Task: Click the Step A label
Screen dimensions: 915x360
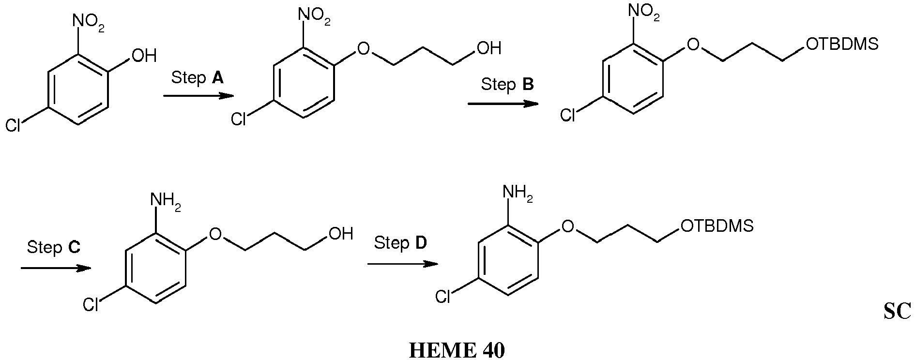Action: point(198,77)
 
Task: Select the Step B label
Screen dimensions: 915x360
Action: point(507,85)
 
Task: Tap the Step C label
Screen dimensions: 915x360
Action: point(54,247)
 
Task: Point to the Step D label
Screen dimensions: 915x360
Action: point(400,242)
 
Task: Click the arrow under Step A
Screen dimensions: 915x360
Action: point(199,96)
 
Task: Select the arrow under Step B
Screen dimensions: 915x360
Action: point(503,104)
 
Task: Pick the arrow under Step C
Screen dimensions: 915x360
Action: point(56,268)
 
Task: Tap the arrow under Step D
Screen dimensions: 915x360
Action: point(403,264)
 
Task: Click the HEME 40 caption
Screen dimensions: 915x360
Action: point(457,350)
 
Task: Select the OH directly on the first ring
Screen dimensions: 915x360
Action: point(144,56)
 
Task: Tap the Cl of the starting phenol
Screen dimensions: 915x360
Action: point(13,126)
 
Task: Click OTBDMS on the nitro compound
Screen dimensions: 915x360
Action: point(842,45)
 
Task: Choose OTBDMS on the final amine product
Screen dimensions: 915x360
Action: point(717,225)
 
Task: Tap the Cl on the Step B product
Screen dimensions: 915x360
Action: point(568,115)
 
